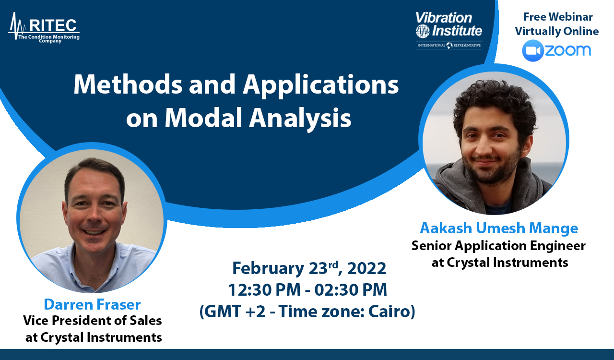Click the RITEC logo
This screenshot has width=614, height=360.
44,28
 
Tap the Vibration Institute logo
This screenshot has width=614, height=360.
449,30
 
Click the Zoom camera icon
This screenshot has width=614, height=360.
532,50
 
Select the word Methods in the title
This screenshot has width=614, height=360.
128,84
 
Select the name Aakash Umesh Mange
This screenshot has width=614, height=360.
499,228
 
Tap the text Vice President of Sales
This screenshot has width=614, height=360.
93,320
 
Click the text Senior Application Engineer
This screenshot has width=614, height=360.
498,246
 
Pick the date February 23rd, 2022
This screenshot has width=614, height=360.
309,268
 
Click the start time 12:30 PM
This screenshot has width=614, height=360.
264,290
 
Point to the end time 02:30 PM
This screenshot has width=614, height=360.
351,290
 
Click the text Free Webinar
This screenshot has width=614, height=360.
558,17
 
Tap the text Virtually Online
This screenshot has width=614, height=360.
557,32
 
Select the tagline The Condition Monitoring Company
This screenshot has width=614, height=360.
49,39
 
